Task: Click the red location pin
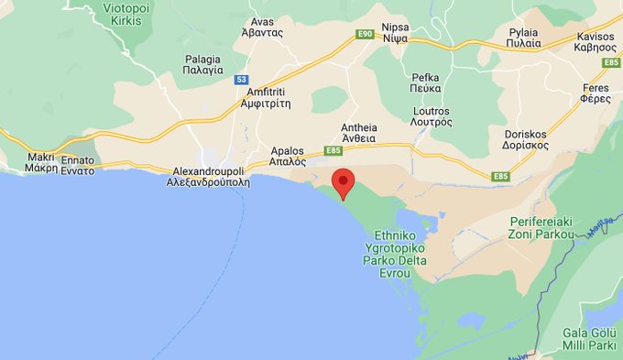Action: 343,181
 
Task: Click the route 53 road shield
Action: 242,81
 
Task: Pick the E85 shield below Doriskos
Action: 500,176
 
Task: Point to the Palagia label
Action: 202,64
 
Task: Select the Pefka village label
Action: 427,83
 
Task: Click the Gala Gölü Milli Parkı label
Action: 586,341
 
